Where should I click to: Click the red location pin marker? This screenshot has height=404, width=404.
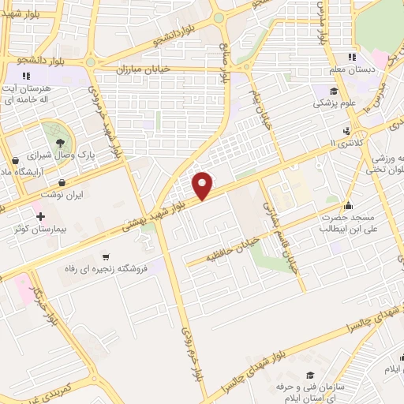point(203,185)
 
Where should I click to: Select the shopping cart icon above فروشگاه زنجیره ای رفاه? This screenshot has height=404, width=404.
point(106,257)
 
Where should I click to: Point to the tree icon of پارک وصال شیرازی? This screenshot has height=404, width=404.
point(60,143)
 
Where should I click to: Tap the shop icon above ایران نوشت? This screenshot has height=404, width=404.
point(62,182)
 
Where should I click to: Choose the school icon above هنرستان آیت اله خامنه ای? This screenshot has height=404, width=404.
point(26,76)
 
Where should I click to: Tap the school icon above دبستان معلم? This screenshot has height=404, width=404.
point(352,57)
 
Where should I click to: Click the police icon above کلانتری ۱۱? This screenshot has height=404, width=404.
point(346,131)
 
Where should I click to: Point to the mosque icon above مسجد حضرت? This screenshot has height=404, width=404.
point(346,205)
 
